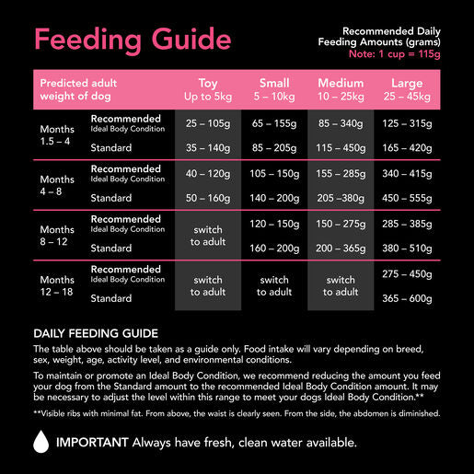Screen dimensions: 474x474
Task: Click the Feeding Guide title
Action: click(132, 40)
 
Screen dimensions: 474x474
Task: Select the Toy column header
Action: click(208, 88)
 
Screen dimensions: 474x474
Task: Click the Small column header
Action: click(274, 88)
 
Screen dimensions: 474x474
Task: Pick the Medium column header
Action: click(341, 88)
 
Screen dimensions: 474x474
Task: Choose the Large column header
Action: click(407, 88)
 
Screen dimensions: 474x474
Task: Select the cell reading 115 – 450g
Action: click(341, 146)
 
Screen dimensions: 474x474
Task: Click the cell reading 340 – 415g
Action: click(407, 172)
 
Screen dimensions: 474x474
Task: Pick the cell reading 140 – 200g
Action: click(274, 197)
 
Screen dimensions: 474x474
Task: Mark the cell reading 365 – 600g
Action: click(407, 298)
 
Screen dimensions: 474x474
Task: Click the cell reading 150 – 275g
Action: click(341, 223)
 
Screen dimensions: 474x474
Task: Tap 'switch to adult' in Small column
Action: click(274, 285)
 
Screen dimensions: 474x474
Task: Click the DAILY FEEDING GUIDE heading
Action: click(96, 332)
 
